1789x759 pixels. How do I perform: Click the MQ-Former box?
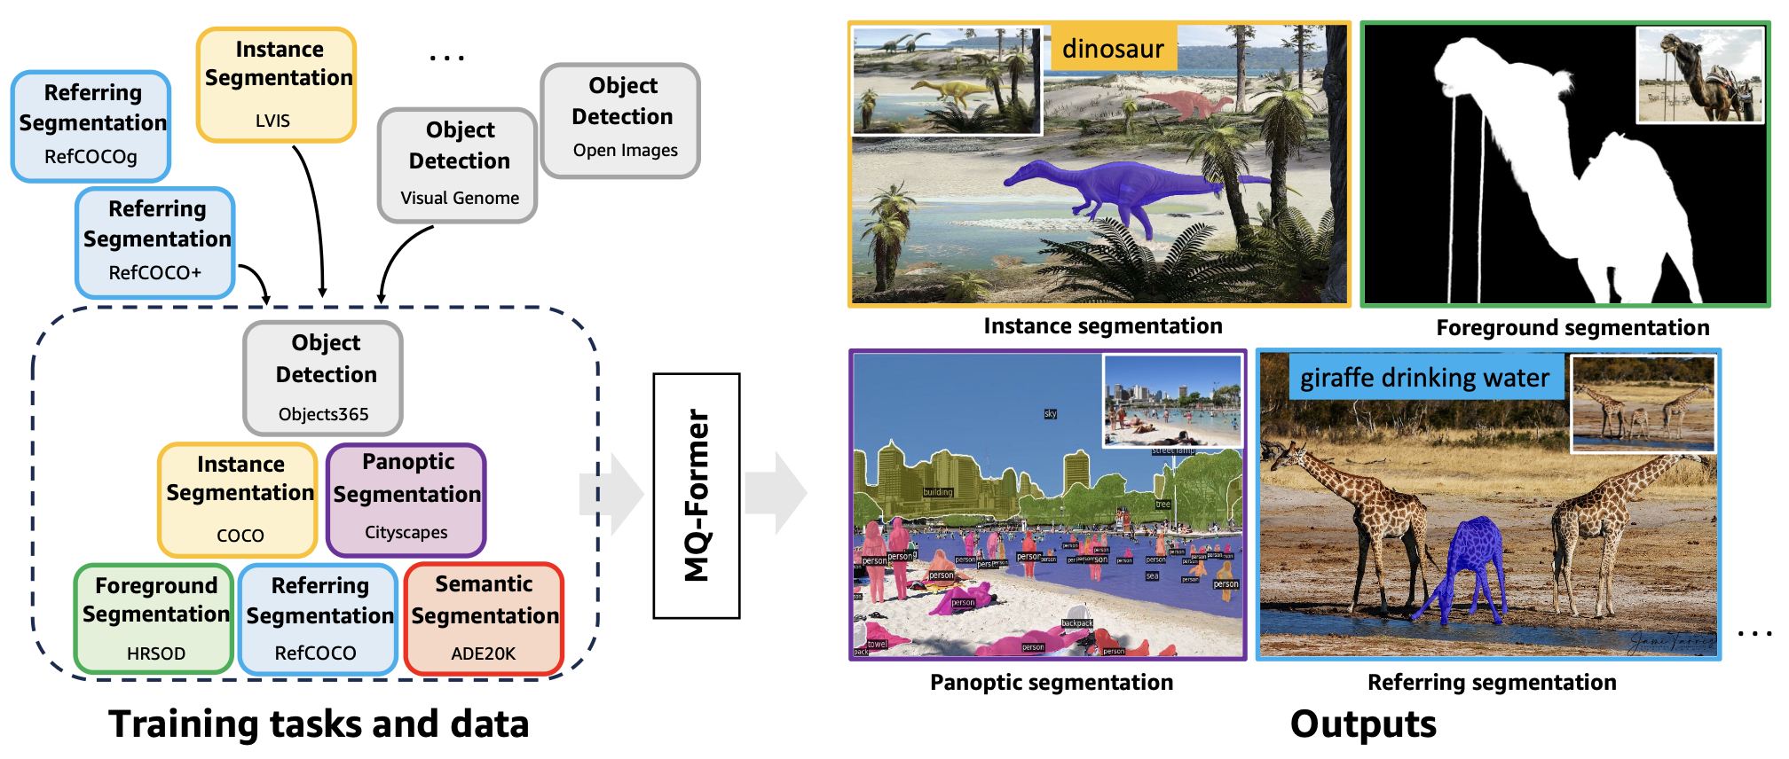[x=697, y=496]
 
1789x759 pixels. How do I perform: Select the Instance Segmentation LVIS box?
[x=276, y=85]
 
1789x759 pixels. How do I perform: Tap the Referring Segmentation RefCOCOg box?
[x=91, y=127]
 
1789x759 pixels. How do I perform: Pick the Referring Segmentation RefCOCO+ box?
[x=155, y=242]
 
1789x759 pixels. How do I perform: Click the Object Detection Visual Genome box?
[x=458, y=165]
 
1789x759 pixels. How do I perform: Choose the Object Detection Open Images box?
[x=621, y=121]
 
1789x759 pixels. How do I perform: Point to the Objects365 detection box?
[x=324, y=378]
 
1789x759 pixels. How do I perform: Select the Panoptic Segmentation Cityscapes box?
[x=406, y=499]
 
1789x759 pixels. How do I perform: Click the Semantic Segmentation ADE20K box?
[x=484, y=619]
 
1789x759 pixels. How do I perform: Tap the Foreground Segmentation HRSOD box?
[x=154, y=619]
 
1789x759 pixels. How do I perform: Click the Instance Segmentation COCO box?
[x=239, y=499]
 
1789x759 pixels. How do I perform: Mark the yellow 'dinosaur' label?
[x=1113, y=49]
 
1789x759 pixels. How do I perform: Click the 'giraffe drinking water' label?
[x=1424, y=379]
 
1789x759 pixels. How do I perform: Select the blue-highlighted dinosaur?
[x=1118, y=191]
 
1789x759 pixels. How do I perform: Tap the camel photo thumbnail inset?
[x=1699, y=75]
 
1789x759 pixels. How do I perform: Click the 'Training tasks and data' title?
[x=319, y=724]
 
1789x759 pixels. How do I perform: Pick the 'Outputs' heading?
[x=1363, y=724]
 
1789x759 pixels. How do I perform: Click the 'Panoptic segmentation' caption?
[x=1052, y=683]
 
